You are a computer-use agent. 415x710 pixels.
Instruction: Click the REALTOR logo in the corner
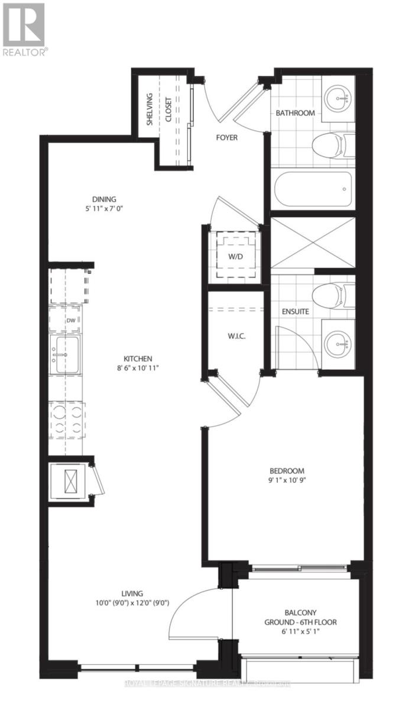pos(24,29)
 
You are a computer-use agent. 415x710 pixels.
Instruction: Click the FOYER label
pos(226,138)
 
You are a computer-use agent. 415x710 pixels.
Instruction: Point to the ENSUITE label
pos(294,311)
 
